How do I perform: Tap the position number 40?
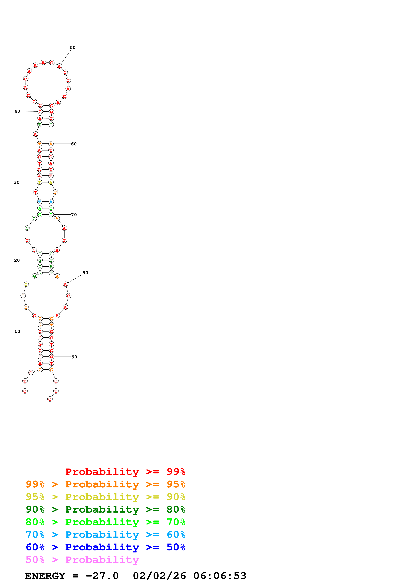tap(17, 111)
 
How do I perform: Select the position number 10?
tap(17, 331)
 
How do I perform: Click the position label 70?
tap(74, 215)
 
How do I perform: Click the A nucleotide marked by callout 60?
tap(51, 144)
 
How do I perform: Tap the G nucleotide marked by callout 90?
tap(52, 357)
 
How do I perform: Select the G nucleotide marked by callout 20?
tap(40, 260)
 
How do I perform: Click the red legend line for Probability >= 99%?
tap(125, 472)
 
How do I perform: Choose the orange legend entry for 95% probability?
tap(105, 484)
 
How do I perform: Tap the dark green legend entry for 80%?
tap(105, 509)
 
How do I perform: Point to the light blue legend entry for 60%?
tap(105, 535)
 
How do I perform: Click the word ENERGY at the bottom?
tap(45, 576)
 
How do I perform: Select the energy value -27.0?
tap(102, 576)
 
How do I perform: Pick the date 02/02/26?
tap(159, 576)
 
